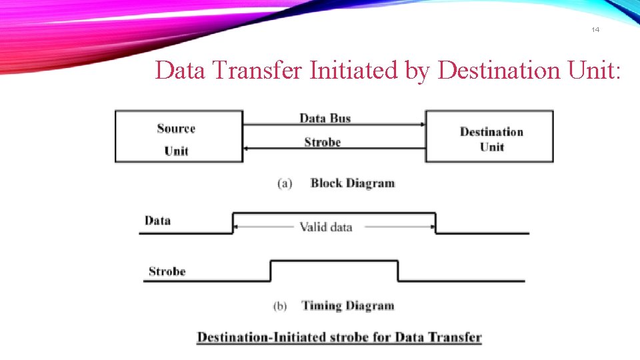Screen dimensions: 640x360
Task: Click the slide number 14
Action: [x=595, y=30]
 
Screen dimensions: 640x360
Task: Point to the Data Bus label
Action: [x=325, y=118]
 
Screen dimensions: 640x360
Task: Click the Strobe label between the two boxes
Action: [x=322, y=142]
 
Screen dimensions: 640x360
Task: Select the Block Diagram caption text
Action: [x=353, y=183]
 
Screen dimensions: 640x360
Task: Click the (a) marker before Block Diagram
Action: [x=285, y=183]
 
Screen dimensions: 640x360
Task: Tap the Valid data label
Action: [x=325, y=227]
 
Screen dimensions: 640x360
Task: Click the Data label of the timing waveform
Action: [x=157, y=221]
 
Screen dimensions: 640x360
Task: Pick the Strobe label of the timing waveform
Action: [x=167, y=271]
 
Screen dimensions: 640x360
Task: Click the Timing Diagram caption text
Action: [x=348, y=306]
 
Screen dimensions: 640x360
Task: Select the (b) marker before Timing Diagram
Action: [x=281, y=307]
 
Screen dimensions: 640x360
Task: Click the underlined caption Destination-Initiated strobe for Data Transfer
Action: [x=339, y=337]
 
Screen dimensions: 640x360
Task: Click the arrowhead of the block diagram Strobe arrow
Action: [x=245, y=148]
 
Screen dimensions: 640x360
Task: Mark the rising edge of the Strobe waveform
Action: [x=271, y=271]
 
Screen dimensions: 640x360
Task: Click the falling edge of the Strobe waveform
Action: [x=398, y=271]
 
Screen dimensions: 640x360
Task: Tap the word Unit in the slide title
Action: [x=597, y=69]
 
